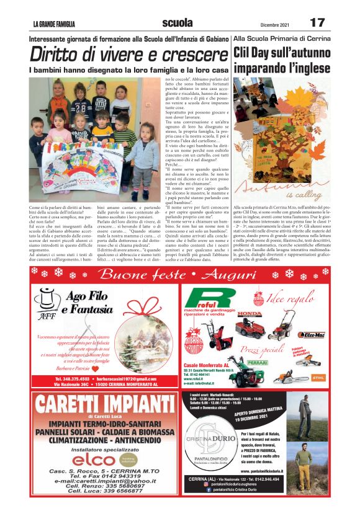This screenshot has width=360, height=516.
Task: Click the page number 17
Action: click(x=317, y=23)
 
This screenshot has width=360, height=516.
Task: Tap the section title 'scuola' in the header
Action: click(x=177, y=23)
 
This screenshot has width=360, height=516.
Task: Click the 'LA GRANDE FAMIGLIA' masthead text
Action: click(x=54, y=24)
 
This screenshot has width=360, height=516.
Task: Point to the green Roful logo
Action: click(x=203, y=298)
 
